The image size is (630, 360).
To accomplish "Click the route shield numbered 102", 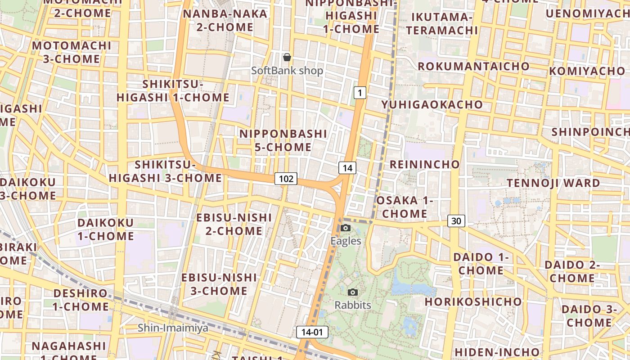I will [x=286, y=179].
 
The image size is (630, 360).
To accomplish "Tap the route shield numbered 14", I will [x=347, y=168].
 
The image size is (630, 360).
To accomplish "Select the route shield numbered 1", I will [x=359, y=93].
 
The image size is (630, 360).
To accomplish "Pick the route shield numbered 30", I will [x=456, y=220].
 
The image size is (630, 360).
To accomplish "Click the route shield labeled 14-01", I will [x=312, y=332].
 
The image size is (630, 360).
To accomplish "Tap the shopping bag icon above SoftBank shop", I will [x=287, y=57].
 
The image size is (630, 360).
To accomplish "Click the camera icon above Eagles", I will [x=346, y=228].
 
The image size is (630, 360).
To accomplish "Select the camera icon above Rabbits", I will [x=353, y=292].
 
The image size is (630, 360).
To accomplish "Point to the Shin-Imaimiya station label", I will [x=173, y=328].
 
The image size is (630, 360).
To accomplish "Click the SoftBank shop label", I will [x=287, y=71].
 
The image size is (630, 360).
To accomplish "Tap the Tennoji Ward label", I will [x=553, y=183].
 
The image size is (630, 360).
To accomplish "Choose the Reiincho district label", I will [x=424, y=164].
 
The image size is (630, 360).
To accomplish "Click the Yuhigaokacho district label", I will [x=432, y=104].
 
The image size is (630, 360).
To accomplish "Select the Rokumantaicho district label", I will [x=473, y=66].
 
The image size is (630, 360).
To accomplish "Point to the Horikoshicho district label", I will [x=473, y=301].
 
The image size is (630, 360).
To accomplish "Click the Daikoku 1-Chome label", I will [x=106, y=229].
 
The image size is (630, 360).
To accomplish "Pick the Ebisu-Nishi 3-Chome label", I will [x=219, y=284].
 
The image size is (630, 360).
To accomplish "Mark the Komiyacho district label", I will [x=587, y=71].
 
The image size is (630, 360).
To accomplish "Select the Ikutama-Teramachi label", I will [x=444, y=23].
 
